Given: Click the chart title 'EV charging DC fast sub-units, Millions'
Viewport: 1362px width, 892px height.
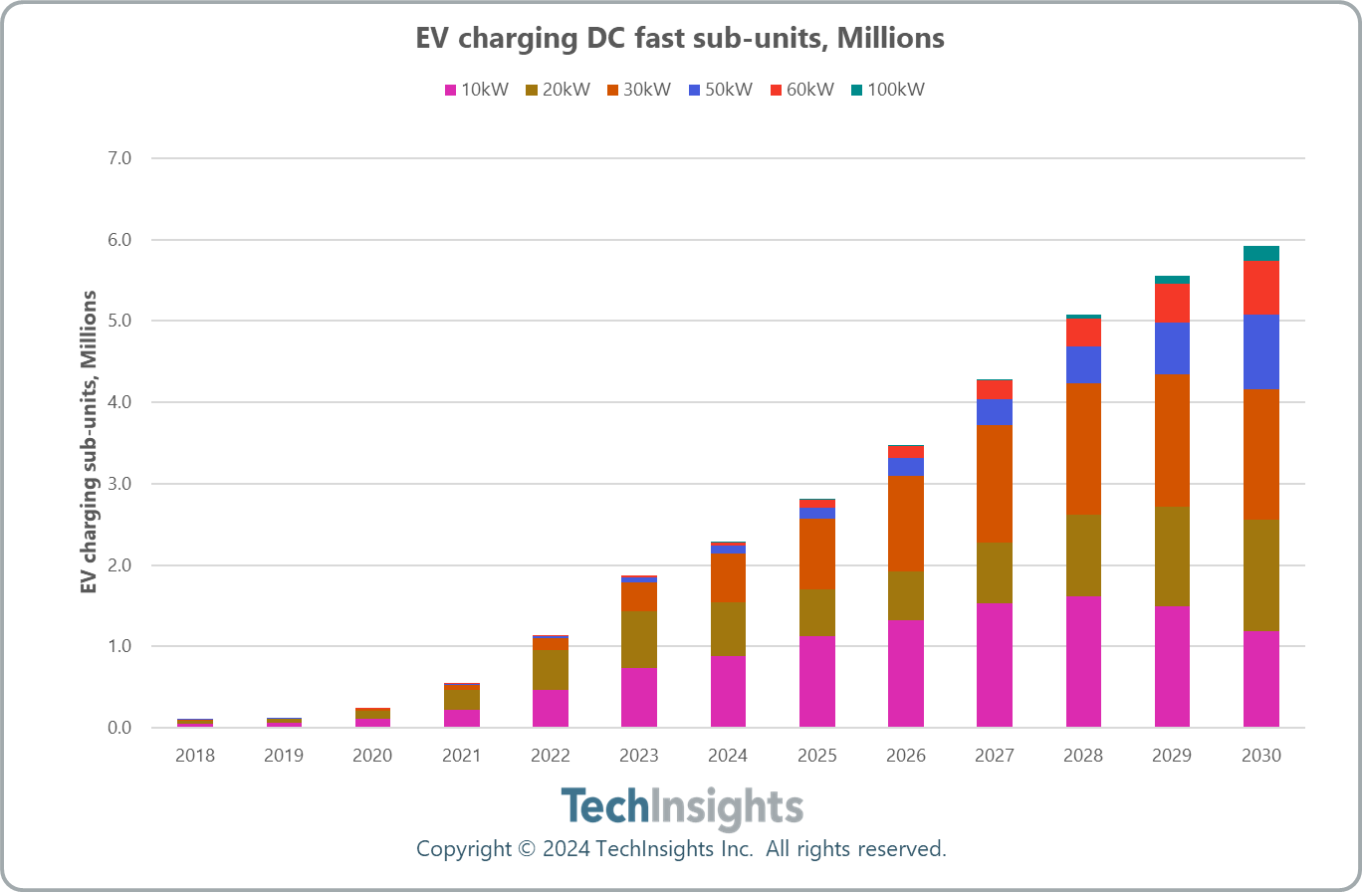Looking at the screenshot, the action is [x=680, y=39].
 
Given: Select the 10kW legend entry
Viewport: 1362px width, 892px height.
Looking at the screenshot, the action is [x=477, y=90].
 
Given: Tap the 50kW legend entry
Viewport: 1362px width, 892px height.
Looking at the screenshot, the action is [x=721, y=90].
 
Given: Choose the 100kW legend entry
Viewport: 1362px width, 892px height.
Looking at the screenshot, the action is [x=888, y=90].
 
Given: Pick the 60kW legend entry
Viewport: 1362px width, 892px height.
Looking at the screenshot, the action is [x=802, y=90].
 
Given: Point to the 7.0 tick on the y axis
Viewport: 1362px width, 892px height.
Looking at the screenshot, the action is [x=119, y=158].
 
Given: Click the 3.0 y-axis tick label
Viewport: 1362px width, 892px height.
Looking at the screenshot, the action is [x=119, y=484].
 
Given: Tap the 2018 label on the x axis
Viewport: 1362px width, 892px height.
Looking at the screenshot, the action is [x=195, y=756].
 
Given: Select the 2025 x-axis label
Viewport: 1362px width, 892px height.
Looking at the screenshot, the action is [x=816, y=756].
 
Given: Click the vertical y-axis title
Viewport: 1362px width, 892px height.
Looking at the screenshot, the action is [x=89, y=442].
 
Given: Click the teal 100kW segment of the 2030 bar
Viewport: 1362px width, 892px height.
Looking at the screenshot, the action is [x=1261, y=254].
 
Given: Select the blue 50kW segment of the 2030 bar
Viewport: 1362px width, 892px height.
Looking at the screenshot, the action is [x=1261, y=352].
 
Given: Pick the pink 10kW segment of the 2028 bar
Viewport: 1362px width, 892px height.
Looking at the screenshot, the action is [x=1083, y=662].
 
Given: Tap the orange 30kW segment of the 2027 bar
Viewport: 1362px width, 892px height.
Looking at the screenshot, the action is [x=995, y=484].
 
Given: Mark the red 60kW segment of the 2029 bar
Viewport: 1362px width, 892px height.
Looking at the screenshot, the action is [x=1172, y=304].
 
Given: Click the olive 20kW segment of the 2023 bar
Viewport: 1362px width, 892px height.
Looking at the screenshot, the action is [x=639, y=640].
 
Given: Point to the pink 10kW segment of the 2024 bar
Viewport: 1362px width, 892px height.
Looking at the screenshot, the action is [x=728, y=691].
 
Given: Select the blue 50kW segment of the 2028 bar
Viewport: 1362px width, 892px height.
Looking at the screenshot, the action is [x=1083, y=364].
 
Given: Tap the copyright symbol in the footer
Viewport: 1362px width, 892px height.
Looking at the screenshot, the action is [x=527, y=849].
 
